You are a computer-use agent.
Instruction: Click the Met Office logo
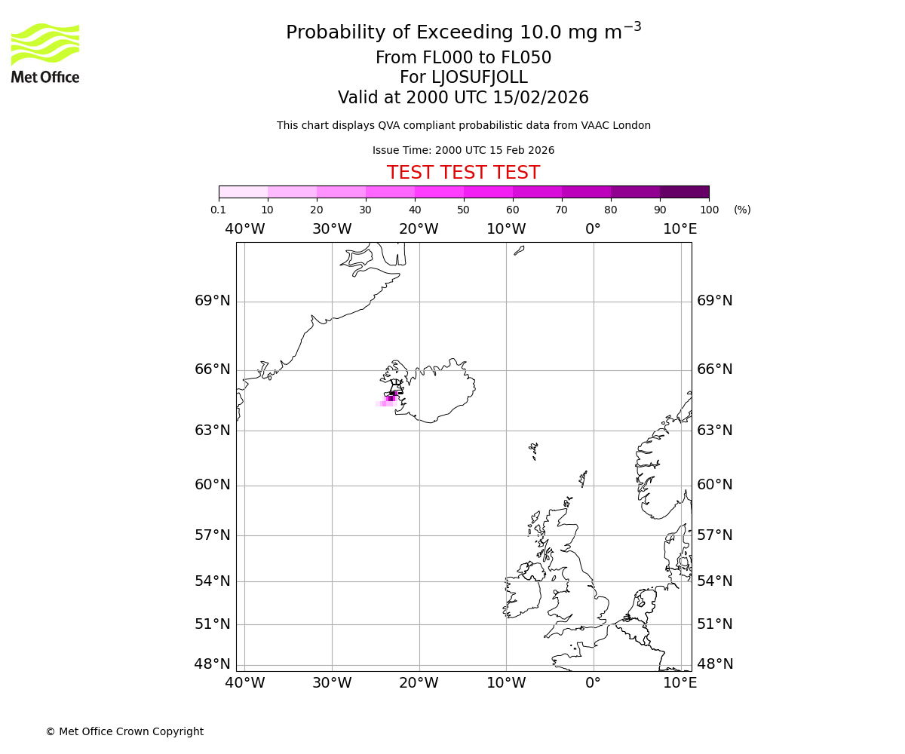click(x=45, y=53)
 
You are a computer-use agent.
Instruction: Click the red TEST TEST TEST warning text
click(x=463, y=173)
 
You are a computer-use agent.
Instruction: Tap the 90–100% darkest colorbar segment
click(x=684, y=192)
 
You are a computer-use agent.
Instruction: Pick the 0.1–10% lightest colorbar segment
click(x=243, y=192)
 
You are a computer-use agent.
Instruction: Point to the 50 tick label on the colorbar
click(x=463, y=210)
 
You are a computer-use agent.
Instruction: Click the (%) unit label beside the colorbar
click(x=742, y=210)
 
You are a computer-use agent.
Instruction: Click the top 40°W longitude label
click(x=244, y=229)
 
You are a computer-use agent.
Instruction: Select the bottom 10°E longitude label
click(x=680, y=683)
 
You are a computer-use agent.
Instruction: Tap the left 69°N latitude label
click(x=213, y=301)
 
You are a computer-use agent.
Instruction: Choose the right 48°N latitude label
click(x=715, y=664)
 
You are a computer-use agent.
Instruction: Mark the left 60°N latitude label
click(x=213, y=484)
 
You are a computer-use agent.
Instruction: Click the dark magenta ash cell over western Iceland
click(x=391, y=398)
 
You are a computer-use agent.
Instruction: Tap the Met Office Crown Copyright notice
click(x=124, y=731)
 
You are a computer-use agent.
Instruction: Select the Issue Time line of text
click(x=463, y=150)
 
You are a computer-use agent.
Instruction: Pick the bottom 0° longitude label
click(x=594, y=683)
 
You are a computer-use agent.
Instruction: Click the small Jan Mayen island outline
click(x=519, y=250)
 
